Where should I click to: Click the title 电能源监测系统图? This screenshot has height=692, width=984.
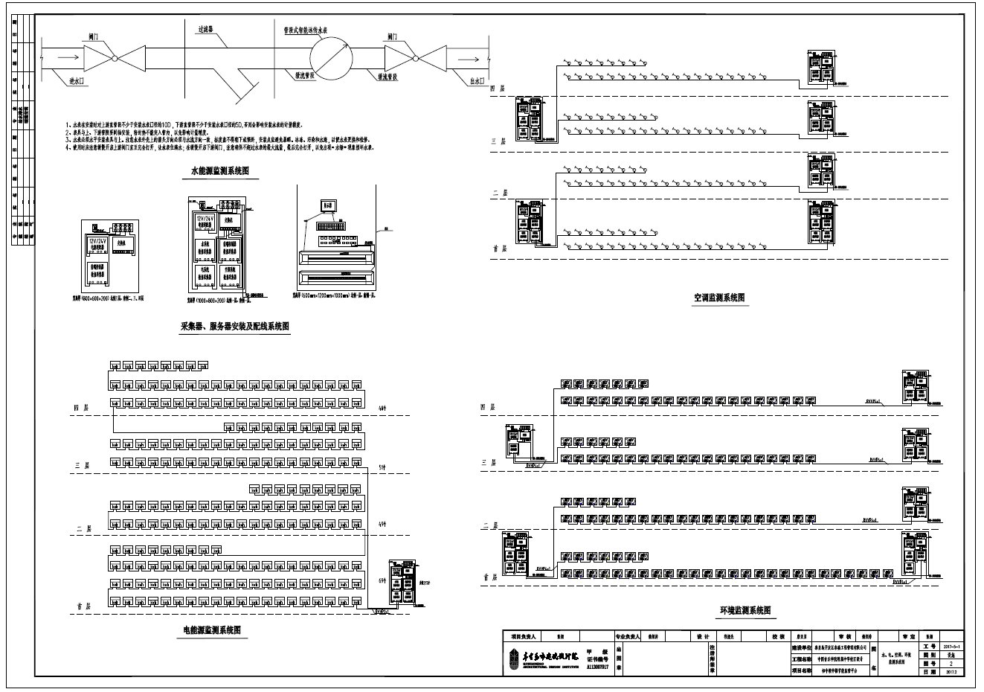[x=213, y=630]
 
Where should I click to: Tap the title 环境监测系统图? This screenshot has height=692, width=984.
[x=746, y=611]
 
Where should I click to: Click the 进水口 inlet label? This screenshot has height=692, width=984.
[x=76, y=80]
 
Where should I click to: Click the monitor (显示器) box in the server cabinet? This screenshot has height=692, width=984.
[x=329, y=205]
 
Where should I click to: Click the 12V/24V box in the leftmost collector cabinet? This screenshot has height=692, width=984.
[x=95, y=246]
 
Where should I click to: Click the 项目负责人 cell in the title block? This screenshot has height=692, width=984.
[x=524, y=637]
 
